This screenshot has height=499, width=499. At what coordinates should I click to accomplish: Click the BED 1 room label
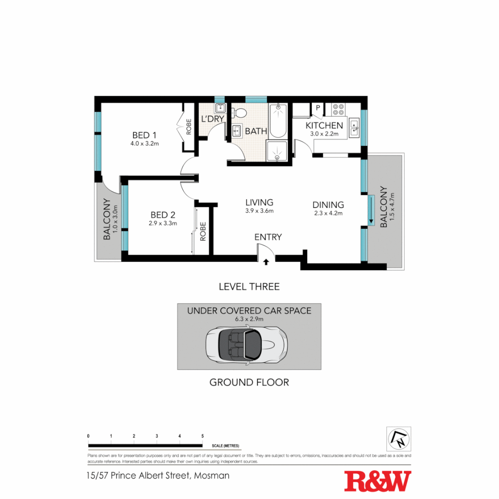tap(144, 135)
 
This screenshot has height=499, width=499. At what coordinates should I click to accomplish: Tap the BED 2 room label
tap(163, 215)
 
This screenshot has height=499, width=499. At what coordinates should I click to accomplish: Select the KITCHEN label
tap(324, 126)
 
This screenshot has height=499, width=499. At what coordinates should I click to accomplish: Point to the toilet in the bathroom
tap(239, 112)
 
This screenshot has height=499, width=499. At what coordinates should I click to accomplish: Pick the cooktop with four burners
tap(338, 109)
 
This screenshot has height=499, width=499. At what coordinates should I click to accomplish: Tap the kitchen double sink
tap(354, 128)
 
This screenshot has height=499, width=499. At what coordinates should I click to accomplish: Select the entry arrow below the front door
tap(266, 262)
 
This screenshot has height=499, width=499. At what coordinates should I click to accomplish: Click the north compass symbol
tap(398, 438)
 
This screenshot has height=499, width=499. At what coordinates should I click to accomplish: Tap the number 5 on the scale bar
tap(202, 436)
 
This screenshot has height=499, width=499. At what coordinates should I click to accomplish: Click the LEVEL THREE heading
tap(249, 286)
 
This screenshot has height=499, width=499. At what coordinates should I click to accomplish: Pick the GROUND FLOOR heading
tap(249, 382)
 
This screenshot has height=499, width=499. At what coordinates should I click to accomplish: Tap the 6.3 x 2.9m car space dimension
tap(249, 319)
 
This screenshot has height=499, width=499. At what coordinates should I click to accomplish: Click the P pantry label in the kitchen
tap(318, 108)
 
